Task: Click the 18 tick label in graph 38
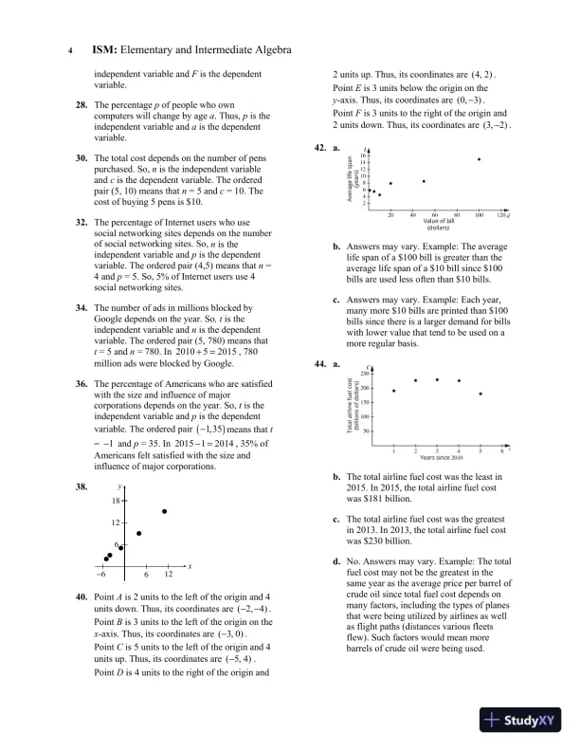[116, 500]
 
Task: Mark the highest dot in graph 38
[165, 511]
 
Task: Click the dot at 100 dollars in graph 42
[479, 159]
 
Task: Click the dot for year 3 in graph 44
[437, 379]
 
